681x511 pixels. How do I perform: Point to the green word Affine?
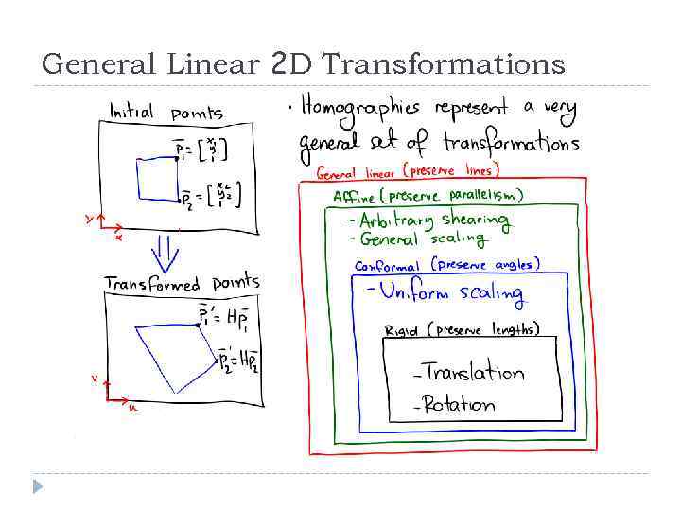354,197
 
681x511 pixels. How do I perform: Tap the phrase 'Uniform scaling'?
451,292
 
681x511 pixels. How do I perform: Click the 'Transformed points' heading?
182,283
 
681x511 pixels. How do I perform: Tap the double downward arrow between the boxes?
166,252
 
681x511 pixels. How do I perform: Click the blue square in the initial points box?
156,179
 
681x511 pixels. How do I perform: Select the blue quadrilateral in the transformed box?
175,355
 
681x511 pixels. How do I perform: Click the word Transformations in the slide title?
444,64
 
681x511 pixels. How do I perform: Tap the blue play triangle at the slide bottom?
38,485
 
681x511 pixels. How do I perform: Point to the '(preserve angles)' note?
486,265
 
